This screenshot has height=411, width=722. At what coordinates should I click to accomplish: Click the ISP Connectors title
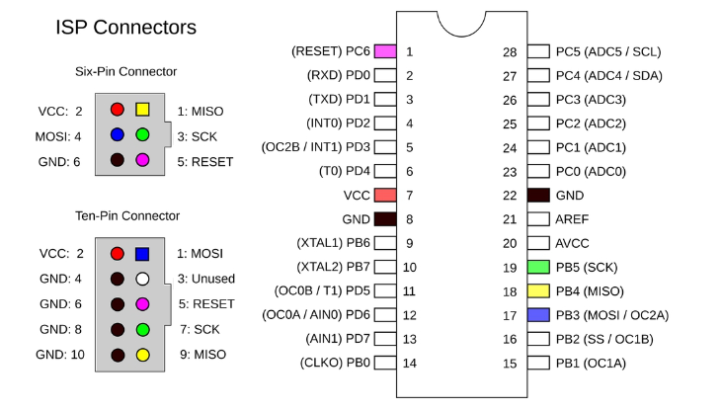(125, 28)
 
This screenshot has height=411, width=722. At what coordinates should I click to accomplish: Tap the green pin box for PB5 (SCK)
(539, 267)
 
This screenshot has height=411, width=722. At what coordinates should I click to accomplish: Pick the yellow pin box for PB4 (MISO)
(539, 291)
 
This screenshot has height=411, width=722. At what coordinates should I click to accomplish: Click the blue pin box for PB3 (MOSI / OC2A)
(539, 315)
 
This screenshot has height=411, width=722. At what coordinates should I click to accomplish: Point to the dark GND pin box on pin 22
(539, 196)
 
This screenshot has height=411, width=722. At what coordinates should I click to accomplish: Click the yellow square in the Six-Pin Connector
(142, 110)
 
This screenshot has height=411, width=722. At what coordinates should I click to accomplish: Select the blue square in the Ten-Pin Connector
(142, 255)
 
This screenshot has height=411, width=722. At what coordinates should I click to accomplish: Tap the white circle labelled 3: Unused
(142, 280)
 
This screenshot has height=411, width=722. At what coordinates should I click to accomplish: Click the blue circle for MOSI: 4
(118, 134)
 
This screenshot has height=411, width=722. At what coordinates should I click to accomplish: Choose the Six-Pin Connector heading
(125, 71)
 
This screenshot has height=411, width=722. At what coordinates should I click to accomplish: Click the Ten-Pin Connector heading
(127, 215)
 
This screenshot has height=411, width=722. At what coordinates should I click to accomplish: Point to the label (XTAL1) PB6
(333, 243)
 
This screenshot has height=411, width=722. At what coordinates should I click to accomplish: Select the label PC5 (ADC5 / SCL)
(608, 51)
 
